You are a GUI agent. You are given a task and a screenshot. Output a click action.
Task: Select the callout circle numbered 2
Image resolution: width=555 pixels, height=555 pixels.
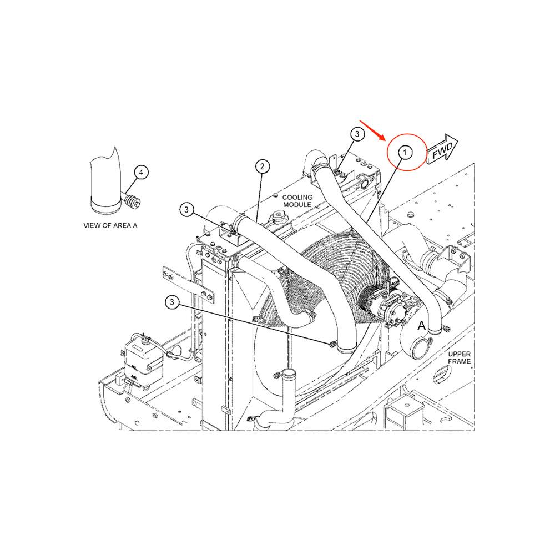(263, 166)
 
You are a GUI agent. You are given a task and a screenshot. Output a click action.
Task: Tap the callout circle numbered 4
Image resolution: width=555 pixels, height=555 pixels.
(141, 173)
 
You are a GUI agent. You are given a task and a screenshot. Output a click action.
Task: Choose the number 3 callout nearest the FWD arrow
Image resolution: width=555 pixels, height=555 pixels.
(357, 134)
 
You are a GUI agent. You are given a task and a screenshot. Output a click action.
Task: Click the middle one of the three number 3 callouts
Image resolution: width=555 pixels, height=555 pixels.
(187, 209)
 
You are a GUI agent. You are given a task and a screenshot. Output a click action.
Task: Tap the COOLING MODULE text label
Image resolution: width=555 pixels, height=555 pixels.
(297, 201)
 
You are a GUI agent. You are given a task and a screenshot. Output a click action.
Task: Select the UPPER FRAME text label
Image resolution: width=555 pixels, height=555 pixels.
(460, 357)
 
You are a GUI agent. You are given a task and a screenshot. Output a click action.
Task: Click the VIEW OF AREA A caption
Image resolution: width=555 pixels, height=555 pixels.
(110, 225)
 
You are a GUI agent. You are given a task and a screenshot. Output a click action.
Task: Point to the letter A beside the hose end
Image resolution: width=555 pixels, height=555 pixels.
(422, 326)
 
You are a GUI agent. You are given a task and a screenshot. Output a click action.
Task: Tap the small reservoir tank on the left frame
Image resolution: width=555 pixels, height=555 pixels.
(142, 361)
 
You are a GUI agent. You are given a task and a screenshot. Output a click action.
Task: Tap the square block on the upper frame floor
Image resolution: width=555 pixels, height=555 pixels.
(404, 415)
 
